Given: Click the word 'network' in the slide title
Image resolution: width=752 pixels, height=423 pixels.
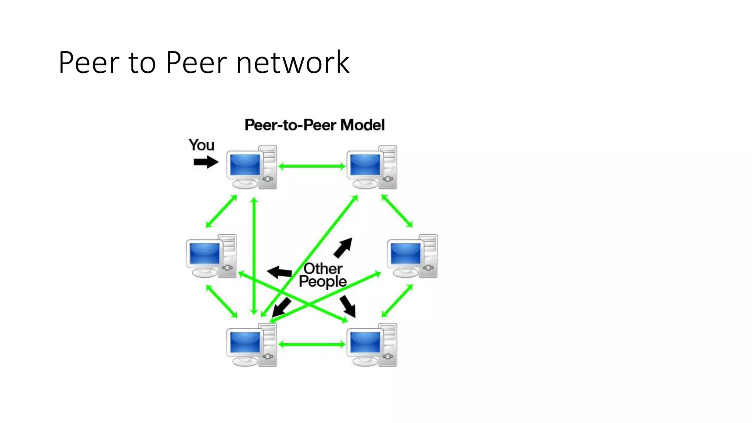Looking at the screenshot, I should tap(293, 62).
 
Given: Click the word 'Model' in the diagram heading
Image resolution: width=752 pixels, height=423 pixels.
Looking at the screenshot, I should tap(362, 125).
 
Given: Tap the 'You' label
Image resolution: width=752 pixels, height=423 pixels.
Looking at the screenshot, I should tap(201, 145).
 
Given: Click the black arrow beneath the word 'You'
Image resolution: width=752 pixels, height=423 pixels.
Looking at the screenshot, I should tap(206, 162).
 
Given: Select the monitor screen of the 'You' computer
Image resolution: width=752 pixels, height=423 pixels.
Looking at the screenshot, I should tap(245, 164).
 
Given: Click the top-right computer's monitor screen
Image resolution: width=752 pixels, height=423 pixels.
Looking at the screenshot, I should tap(365, 164).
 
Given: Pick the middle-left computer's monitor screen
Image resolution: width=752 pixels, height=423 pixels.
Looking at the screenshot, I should tap(205, 253).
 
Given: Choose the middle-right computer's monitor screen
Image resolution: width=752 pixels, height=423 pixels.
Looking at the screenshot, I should tap(405, 253).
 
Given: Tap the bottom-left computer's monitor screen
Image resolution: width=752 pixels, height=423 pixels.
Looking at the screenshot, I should tap(245, 342).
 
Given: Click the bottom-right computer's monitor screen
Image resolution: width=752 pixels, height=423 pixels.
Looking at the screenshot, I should tap(365, 342).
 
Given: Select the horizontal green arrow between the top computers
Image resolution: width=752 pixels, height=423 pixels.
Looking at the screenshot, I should tap(312, 166).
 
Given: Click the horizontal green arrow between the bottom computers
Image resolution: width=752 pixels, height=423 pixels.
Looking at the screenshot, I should tap(312, 344).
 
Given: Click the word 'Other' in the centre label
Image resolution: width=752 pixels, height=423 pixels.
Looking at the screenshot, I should tap(323, 269).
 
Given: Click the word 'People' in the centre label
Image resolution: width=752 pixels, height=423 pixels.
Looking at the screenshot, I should tap(322, 282).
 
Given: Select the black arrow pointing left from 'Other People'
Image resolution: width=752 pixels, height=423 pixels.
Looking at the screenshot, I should tap(280, 272).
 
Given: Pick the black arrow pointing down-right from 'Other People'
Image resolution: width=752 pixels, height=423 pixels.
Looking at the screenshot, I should tap(348, 306).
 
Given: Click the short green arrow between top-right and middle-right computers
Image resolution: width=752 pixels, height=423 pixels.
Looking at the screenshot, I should tap(397, 211).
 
